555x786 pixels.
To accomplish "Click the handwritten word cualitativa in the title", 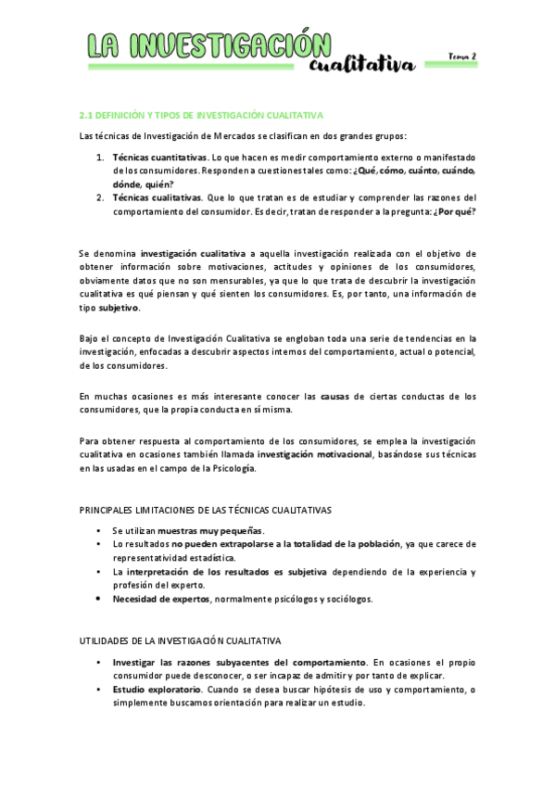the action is pos(362,64).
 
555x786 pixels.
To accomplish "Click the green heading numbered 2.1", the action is pos(201,115).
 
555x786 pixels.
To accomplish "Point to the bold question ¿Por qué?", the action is pos(459,210).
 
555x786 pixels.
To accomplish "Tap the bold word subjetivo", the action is pos(119,307).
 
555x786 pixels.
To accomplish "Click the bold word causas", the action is pos(336,397).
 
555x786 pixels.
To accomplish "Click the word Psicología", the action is pos(230,468).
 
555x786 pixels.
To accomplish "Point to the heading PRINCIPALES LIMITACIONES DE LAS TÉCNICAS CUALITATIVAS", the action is pos(206,511).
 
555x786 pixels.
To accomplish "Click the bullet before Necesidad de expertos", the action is pos(100,599).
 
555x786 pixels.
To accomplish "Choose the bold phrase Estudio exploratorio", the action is pos(157,690).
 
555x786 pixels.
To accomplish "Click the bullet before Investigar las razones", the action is pos(100,663).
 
